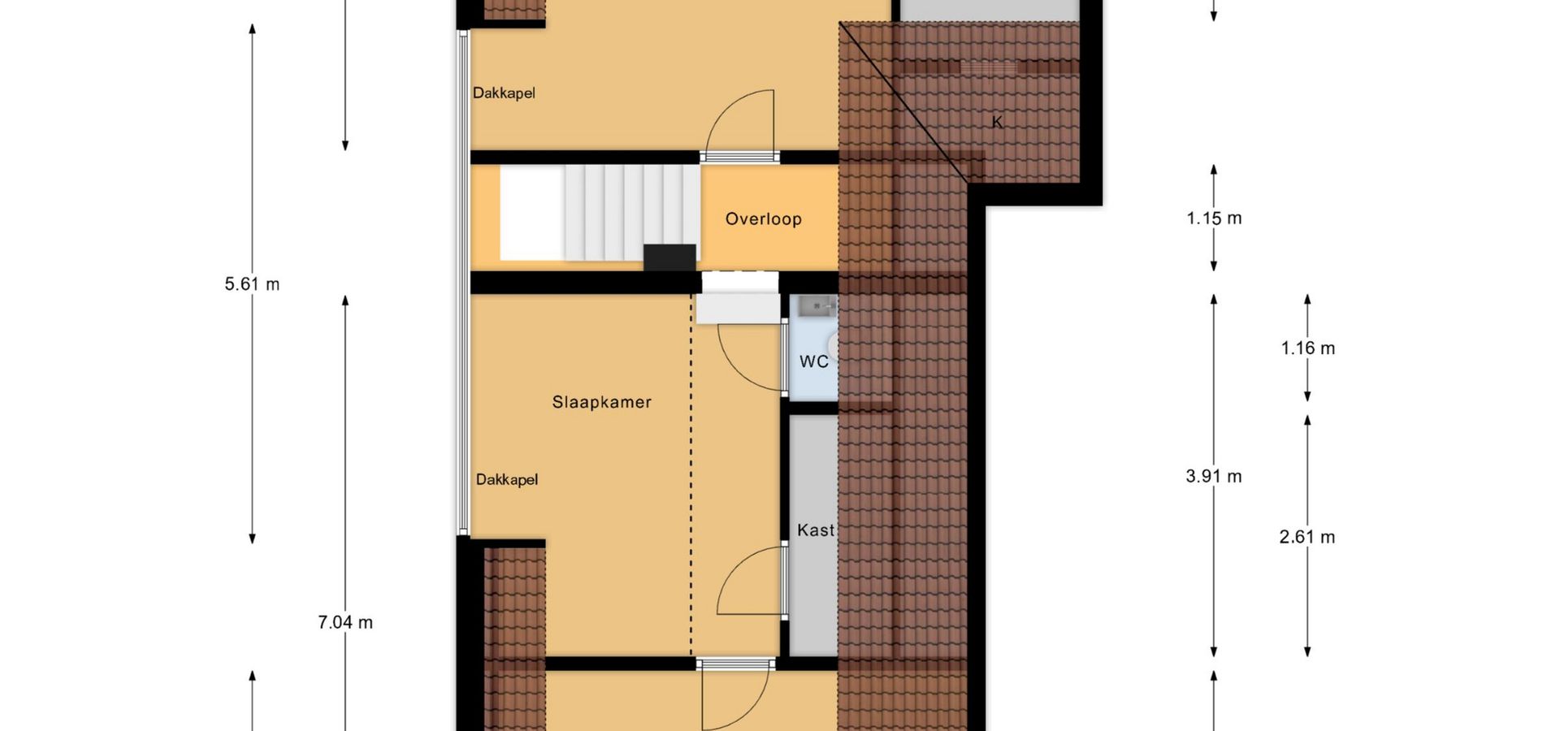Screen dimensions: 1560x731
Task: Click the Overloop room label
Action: [x=763, y=219]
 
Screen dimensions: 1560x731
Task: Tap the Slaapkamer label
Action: [x=602, y=402]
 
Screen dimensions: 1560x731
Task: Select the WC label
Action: [x=814, y=361]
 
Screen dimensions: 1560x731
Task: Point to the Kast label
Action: [x=816, y=530]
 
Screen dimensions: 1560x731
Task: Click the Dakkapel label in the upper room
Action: [x=504, y=93]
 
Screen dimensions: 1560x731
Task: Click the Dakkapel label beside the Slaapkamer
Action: [x=507, y=480]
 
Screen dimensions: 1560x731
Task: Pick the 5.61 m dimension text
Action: [x=252, y=284]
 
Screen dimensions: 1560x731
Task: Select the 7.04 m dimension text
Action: [x=345, y=622]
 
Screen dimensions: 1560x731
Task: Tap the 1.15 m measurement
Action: [x=1214, y=218]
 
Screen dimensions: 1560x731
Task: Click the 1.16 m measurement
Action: [x=1308, y=348]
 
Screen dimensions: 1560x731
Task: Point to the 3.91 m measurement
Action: [x=1214, y=476]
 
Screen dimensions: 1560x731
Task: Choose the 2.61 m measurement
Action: [x=1307, y=537]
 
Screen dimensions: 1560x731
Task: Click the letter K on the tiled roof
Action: [x=997, y=122]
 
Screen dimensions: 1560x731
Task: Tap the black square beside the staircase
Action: [x=669, y=257]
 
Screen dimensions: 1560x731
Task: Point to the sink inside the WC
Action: [x=815, y=305]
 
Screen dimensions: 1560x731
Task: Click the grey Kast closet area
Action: [x=814, y=536]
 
